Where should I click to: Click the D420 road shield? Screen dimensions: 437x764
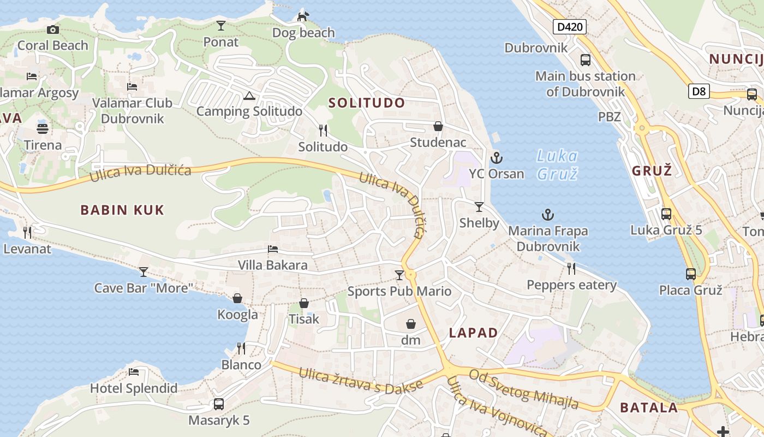tap(569, 27)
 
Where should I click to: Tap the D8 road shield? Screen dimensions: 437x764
tap(699, 91)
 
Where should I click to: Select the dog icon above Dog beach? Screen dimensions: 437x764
tap(303, 16)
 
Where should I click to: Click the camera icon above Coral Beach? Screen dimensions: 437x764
tap(52, 29)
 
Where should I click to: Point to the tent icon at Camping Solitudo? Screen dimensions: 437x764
tap(249, 96)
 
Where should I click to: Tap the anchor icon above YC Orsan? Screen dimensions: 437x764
tap(496, 158)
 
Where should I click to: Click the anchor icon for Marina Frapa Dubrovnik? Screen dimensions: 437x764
tap(547, 215)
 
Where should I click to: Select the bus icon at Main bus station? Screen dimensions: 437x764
tap(586, 60)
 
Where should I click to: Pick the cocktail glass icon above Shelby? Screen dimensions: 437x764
tap(479, 207)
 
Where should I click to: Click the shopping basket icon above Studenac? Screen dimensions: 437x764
tap(438, 127)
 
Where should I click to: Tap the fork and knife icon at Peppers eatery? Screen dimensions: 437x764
tap(571, 268)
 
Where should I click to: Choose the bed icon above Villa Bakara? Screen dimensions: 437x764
tap(273, 250)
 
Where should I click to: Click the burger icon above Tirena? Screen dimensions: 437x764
tap(43, 129)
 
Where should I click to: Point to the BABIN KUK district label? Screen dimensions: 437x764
tap(122, 210)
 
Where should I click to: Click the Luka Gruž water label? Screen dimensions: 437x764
tap(557, 165)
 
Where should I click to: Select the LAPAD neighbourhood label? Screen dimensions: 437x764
tap(473, 333)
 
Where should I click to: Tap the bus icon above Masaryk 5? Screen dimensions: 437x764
tap(219, 404)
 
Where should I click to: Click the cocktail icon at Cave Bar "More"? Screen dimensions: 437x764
tap(144, 271)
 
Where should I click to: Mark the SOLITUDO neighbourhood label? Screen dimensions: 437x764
tap(367, 103)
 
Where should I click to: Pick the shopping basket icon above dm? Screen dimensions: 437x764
tap(411, 324)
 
